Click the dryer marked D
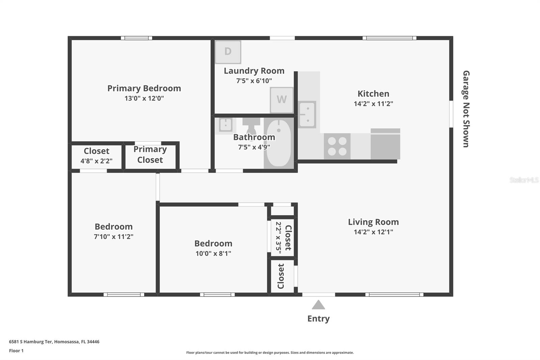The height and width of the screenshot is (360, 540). click(x=228, y=52)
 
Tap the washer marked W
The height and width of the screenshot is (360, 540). click(x=281, y=100)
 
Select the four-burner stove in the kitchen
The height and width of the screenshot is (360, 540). click(x=337, y=146)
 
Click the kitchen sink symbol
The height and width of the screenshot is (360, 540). click(x=307, y=114)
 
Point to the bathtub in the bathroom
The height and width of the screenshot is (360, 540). click(x=279, y=143)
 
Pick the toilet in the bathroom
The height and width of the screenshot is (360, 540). click(x=251, y=126)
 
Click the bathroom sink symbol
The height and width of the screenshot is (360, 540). click(x=225, y=125)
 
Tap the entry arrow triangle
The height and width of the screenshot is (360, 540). click(x=318, y=305)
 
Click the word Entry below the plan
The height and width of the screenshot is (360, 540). click(x=318, y=318)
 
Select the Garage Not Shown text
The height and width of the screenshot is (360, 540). click(x=466, y=109)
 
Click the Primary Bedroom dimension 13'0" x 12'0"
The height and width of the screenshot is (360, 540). click(x=144, y=98)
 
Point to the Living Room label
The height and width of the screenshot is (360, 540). click(x=373, y=222)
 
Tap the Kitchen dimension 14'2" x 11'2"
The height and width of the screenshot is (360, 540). click(x=373, y=104)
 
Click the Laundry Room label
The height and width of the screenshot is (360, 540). click(x=254, y=71)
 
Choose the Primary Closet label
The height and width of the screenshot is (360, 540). click(x=150, y=155)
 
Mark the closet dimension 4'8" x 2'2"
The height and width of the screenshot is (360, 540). click(x=97, y=161)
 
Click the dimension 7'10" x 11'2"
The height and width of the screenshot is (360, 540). click(x=113, y=236)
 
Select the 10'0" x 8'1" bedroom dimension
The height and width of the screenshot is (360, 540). click(x=213, y=253)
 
